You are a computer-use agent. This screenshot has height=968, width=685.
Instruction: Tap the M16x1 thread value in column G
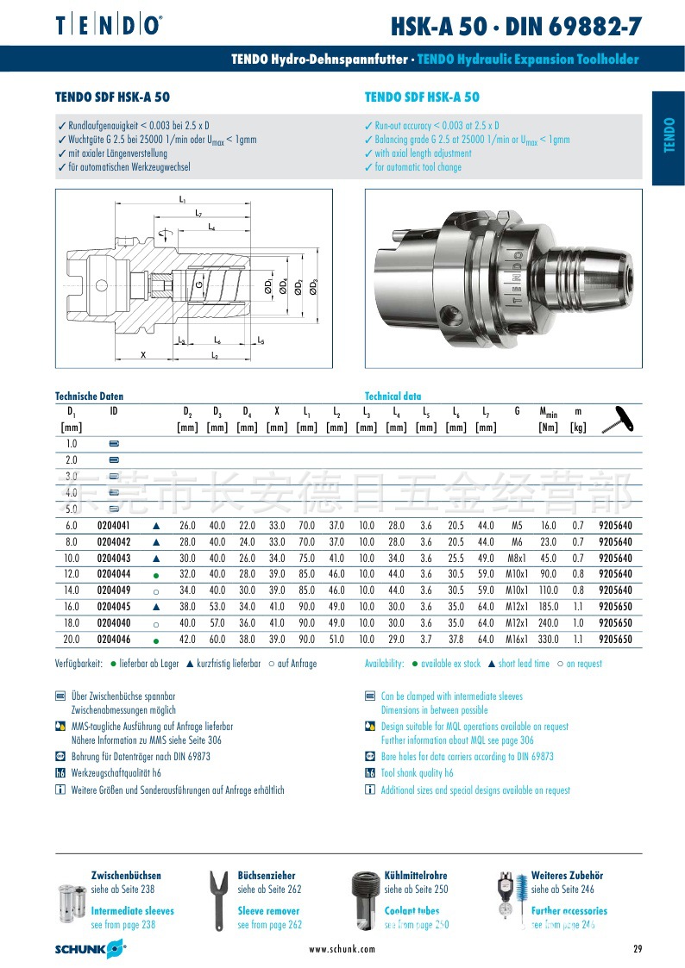(x=516, y=639)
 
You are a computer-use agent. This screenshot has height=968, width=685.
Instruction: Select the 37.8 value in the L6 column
(x=456, y=639)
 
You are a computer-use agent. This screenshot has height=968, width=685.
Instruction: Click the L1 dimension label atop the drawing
(x=183, y=200)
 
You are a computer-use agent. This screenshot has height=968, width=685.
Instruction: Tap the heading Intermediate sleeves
(x=132, y=910)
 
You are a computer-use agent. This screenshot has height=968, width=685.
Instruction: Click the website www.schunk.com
(x=342, y=949)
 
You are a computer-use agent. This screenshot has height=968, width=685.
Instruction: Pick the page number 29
(x=638, y=949)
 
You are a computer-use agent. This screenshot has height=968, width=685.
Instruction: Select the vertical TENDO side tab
(x=669, y=138)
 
